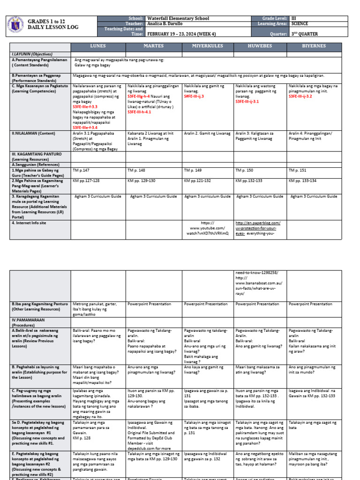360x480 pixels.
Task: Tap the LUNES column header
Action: (97, 46)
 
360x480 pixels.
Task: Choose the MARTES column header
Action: (153, 46)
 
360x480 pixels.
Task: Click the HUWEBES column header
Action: (260, 46)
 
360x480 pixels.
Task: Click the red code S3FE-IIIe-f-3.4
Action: (91, 127)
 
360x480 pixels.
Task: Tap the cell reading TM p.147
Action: (81, 171)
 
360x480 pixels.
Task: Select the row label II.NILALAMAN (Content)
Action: (34, 133)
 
